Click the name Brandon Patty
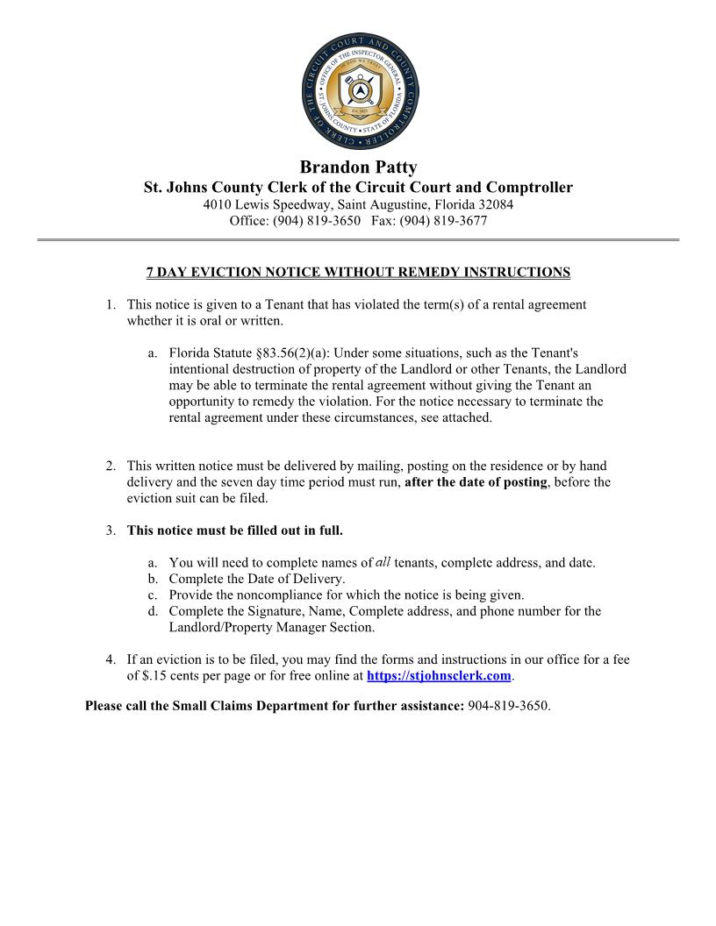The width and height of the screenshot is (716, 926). pos(358,167)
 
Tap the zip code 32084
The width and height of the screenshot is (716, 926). pos(494,204)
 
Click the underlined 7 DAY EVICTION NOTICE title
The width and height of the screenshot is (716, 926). pos(358,273)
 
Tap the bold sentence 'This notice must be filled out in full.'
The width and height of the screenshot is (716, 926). pos(235,531)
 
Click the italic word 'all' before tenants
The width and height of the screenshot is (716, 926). pos(383,562)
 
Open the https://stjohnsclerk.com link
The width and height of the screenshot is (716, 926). pos(438,676)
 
